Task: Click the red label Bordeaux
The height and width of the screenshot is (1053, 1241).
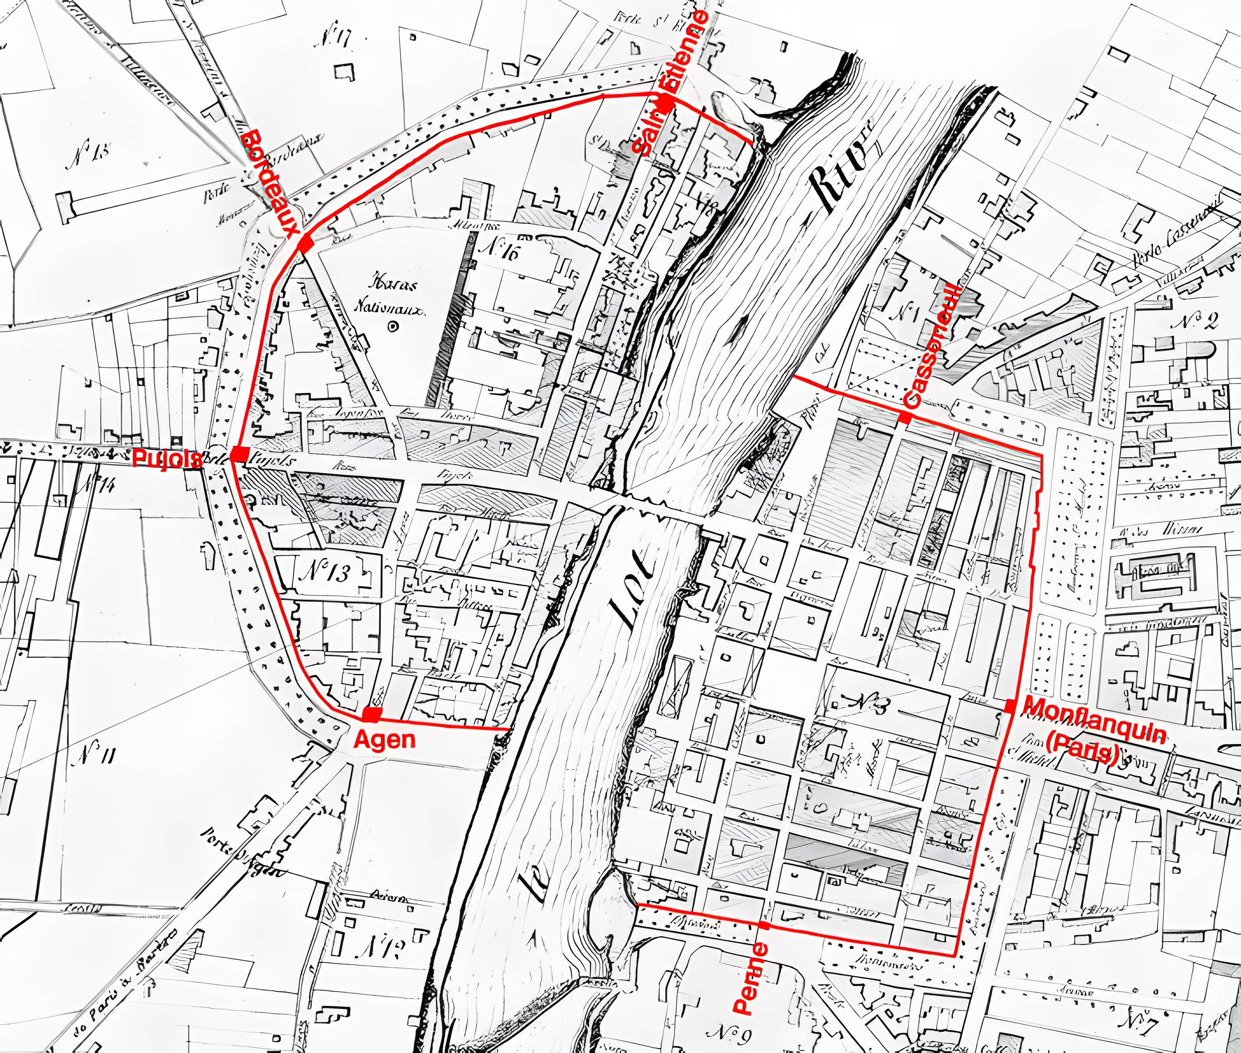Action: (270, 183)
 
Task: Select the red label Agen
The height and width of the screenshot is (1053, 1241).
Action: (384, 740)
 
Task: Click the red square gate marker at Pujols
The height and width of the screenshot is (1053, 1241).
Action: (240, 454)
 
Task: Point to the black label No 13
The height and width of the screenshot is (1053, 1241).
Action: (325, 573)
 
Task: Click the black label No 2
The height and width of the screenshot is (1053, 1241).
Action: (1193, 322)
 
